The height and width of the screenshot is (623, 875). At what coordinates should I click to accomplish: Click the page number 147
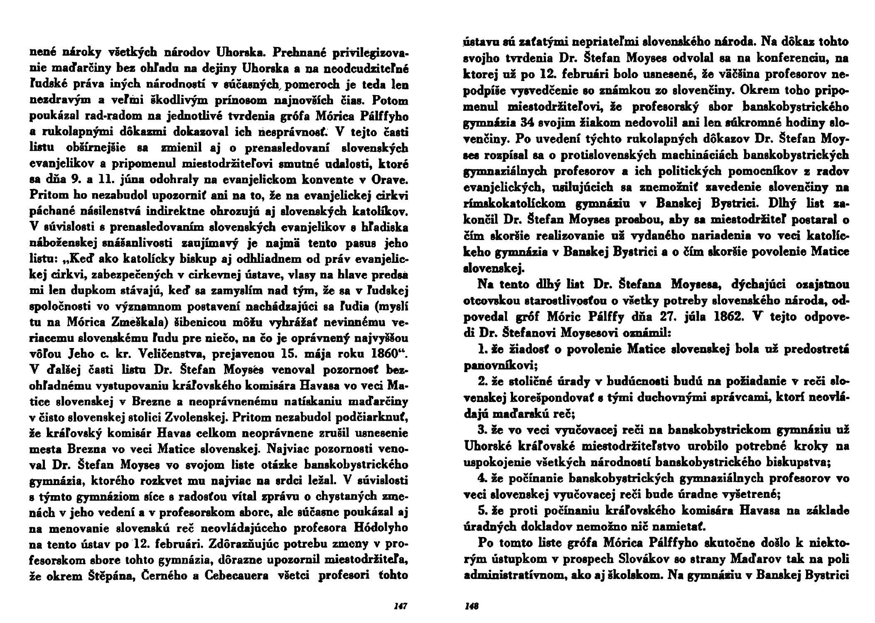[400, 606]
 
